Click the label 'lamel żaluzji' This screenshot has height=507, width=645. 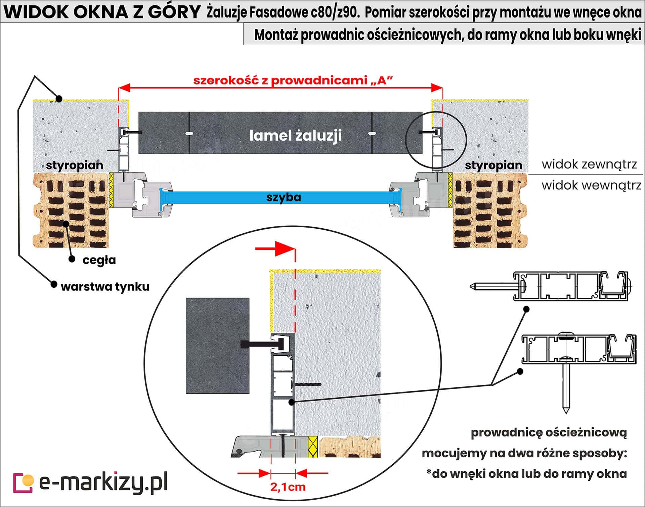[295, 135]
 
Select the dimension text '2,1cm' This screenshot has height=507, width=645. [288, 487]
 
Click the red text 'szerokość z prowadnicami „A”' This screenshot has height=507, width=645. [293, 81]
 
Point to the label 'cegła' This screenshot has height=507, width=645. [99, 260]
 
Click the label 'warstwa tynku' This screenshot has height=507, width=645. [105, 287]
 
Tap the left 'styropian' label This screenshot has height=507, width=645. [75, 165]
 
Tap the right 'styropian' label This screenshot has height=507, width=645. [493, 165]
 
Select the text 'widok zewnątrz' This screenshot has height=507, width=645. [589, 165]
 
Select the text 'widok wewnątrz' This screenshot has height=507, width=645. [591, 185]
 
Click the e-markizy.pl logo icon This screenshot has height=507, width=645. [23, 483]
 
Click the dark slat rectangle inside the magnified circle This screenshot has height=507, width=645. [218, 345]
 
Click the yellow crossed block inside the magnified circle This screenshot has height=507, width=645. [313, 447]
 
